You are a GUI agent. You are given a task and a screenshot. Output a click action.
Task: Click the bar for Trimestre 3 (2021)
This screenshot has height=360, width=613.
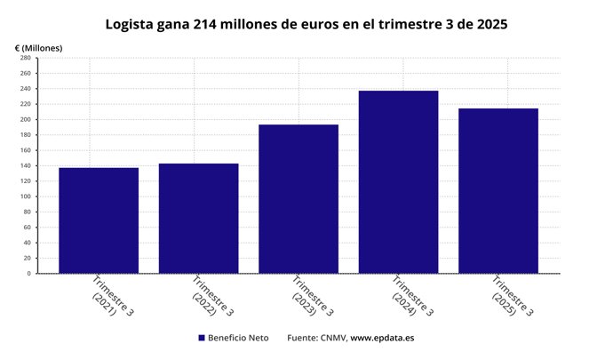[99, 220]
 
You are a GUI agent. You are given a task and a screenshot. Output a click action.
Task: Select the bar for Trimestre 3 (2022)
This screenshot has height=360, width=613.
[198, 219]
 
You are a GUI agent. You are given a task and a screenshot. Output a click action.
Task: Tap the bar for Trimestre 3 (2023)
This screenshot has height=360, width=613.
[299, 199]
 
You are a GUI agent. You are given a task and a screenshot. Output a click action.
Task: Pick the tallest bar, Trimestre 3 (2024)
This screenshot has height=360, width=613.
[398, 182]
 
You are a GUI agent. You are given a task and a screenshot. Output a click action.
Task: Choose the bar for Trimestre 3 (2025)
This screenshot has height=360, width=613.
[498, 191]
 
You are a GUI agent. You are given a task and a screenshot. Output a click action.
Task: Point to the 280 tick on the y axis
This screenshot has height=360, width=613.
[26, 58]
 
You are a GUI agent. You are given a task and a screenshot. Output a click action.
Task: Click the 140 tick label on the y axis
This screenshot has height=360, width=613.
[26, 165]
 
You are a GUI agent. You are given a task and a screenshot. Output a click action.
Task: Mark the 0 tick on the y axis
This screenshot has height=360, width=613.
[29, 274]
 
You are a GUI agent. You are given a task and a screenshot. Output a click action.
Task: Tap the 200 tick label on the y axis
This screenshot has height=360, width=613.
[26, 119]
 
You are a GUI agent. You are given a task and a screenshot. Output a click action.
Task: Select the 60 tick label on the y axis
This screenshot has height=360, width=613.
[28, 228]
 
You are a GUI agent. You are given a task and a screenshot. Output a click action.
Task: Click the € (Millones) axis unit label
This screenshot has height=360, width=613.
[38, 46]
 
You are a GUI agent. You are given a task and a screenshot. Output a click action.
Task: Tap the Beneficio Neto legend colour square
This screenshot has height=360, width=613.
[202, 339]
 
